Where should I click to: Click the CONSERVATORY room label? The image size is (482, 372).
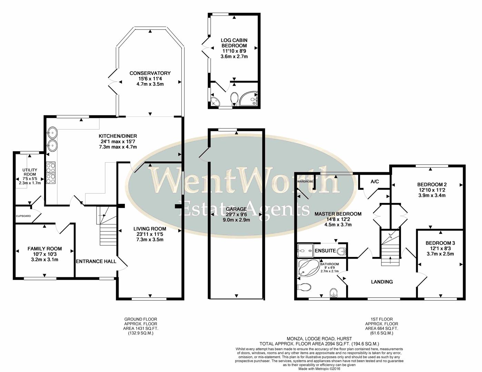[x=150, y=73]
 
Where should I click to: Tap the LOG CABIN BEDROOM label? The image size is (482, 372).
[x=234, y=43]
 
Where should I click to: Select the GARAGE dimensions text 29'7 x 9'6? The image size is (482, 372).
[x=236, y=214]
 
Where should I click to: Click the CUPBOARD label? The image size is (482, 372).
[x=23, y=216]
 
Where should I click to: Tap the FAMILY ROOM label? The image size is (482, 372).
[x=44, y=248]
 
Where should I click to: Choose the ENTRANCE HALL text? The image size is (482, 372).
[x=96, y=261]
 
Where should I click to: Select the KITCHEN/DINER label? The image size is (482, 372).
[x=118, y=136]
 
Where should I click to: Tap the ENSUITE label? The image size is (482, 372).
[x=325, y=251]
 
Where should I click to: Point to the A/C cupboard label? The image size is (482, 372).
[x=375, y=182]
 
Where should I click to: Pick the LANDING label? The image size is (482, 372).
[x=382, y=282]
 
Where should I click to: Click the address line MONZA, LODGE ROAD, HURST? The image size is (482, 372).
[x=319, y=339]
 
